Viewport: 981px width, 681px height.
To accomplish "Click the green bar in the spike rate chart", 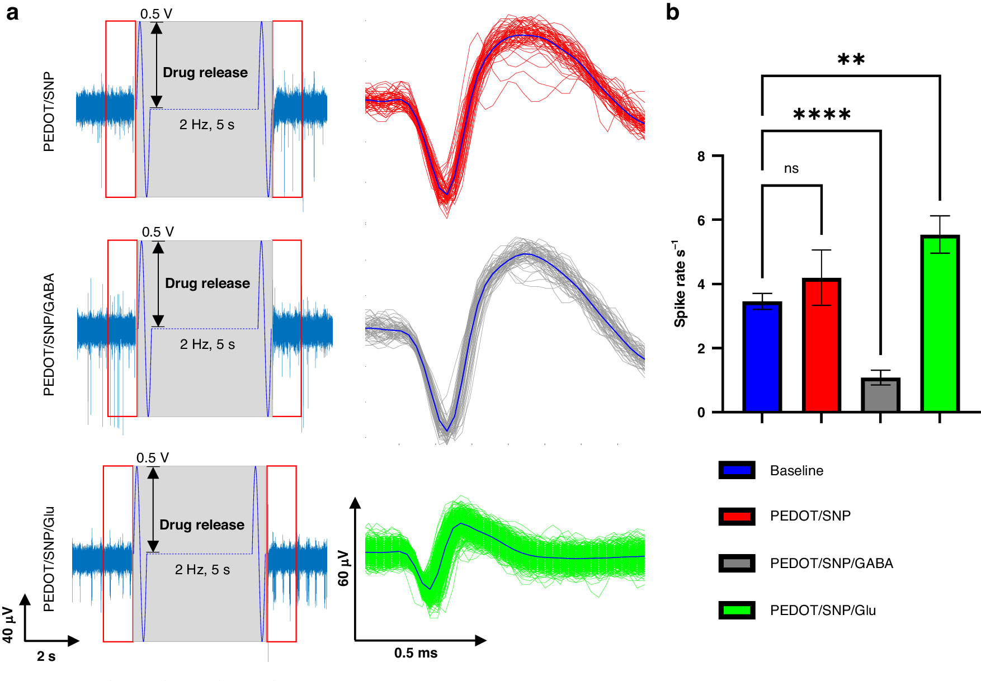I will pos(940,324).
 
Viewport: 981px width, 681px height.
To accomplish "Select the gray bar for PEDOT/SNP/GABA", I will pos(880,395).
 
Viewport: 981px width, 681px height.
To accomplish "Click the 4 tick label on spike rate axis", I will pos(701,284).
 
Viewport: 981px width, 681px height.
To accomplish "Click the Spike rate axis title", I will pos(680,284).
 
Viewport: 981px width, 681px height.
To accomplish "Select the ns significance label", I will pos(791,168).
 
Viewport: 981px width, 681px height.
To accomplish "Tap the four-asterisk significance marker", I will pos(822,115).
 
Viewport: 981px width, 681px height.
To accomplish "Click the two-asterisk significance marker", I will pos(851,59).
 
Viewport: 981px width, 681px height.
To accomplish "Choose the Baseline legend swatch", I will pos(737,470).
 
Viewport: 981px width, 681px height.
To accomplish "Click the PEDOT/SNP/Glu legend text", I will pos(822,610).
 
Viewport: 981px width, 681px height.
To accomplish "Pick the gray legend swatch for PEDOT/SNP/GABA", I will pos(737,563).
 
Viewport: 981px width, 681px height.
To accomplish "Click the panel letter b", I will pos(672,12).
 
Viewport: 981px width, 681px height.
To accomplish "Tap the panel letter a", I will pos(12,12).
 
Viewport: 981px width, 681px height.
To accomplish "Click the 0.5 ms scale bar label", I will pos(416,653).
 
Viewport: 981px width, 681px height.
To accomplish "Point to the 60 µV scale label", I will pos(343,567).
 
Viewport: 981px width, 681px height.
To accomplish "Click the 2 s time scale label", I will pos(46,656).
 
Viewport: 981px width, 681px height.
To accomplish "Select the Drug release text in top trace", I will pos(205,73).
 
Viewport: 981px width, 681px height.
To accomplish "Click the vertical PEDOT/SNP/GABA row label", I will pos(49,334).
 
